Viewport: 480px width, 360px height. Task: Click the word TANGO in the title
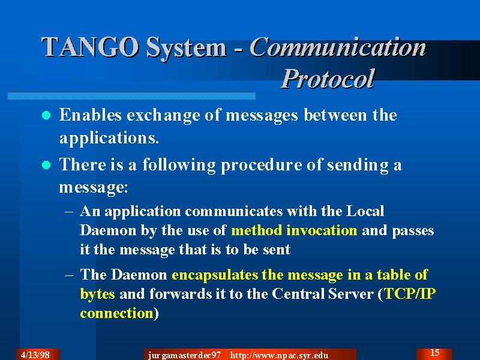[90, 47]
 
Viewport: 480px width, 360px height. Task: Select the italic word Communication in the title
[338, 47]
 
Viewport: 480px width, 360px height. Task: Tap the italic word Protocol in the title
[328, 79]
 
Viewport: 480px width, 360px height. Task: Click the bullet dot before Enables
[46, 115]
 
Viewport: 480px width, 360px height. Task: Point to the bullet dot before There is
[46, 166]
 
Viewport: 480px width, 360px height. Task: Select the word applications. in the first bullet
[109, 138]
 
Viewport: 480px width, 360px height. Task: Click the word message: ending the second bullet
[94, 187]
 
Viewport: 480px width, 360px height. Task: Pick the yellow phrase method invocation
[294, 230]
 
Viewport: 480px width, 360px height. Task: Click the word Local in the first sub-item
[365, 211]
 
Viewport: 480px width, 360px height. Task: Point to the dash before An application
[69, 211]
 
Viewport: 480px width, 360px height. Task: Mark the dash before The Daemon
[69, 275]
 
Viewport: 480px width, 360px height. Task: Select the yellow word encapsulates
[215, 275]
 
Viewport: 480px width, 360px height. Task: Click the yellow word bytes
[97, 294]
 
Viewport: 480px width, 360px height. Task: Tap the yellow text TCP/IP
[410, 293]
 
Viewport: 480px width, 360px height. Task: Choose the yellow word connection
[116, 313]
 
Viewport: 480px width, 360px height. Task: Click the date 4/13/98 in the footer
[35, 355]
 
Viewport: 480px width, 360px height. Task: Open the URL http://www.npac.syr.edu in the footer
[279, 355]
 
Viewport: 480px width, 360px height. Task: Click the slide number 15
[434, 353]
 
